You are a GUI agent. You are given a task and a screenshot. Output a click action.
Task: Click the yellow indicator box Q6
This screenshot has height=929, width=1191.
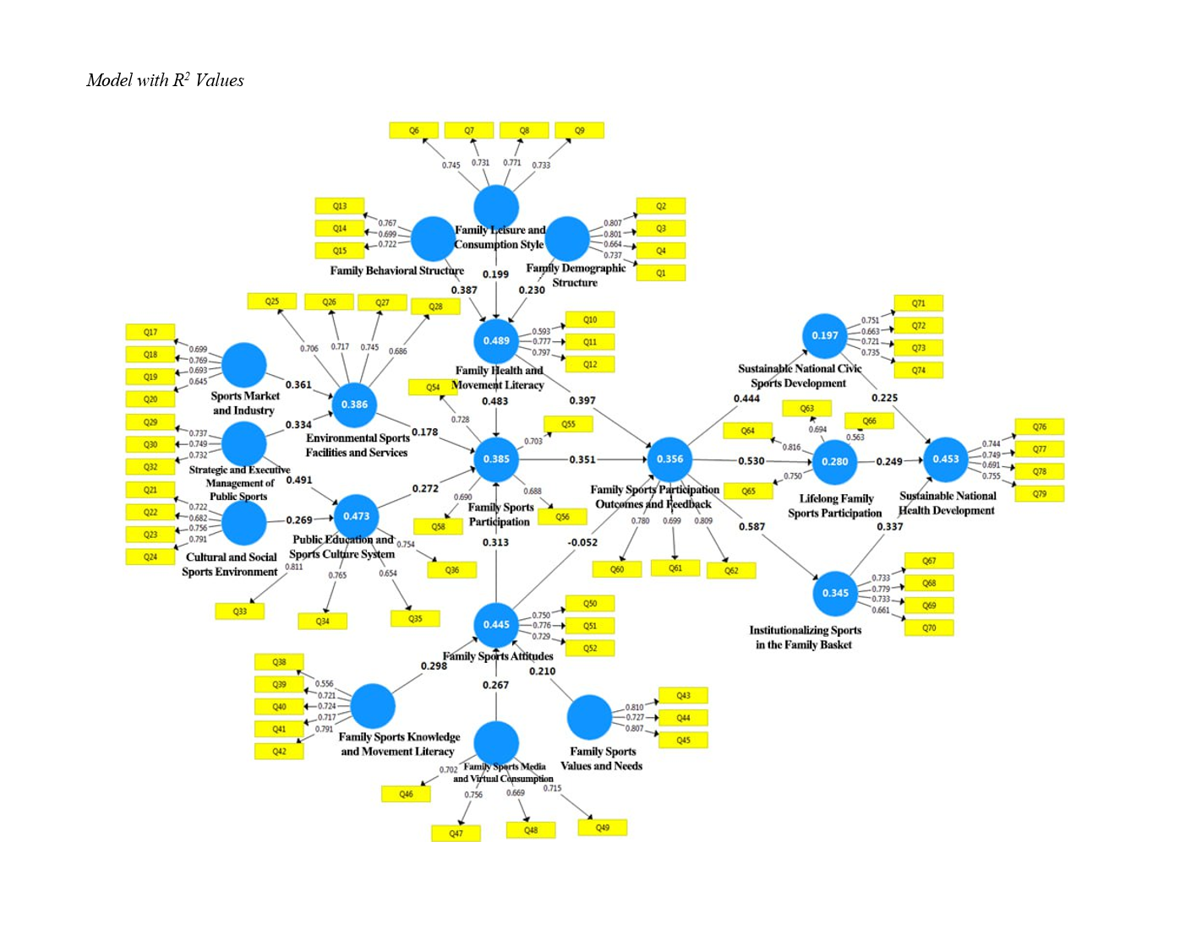click(413, 131)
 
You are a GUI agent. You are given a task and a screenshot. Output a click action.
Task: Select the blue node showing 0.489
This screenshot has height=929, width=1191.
click(496, 340)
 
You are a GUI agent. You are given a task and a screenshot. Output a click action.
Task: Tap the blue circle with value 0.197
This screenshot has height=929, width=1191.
click(825, 335)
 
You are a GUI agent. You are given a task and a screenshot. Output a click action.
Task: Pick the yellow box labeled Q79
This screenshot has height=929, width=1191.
click(1039, 494)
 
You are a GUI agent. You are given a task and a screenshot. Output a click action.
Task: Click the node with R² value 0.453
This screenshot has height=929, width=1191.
click(946, 459)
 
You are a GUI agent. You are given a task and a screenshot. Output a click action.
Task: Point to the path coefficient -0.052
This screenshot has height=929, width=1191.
click(582, 542)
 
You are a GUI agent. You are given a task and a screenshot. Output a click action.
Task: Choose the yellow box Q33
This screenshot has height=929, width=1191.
click(240, 611)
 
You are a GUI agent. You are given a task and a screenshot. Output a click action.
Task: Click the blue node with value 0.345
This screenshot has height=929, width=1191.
click(835, 593)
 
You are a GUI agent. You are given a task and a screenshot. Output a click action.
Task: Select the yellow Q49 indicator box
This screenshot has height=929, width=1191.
click(602, 828)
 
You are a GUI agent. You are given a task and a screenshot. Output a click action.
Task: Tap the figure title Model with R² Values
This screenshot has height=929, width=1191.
click(165, 80)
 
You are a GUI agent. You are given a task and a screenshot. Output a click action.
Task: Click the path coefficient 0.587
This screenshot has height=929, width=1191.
click(751, 526)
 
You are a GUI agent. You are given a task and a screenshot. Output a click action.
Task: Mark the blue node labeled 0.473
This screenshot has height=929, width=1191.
click(356, 516)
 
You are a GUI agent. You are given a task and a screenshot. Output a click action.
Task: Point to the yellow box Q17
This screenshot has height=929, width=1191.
click(150, 332)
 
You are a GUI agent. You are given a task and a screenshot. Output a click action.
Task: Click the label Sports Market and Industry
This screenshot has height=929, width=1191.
click(244, 403)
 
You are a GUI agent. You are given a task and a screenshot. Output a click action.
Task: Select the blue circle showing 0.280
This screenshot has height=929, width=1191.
click(834, 461)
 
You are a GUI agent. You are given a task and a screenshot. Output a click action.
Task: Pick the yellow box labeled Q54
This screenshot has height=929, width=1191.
click(433, 388)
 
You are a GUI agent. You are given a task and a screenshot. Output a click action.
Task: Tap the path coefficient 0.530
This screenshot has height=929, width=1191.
click(751, 461)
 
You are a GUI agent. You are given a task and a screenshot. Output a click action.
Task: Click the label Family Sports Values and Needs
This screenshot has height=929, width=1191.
click(602, 758)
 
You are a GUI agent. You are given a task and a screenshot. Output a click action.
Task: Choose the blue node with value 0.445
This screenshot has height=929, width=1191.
click(496, 624)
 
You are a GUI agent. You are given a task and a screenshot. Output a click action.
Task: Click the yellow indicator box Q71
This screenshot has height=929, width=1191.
click(918, 303)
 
